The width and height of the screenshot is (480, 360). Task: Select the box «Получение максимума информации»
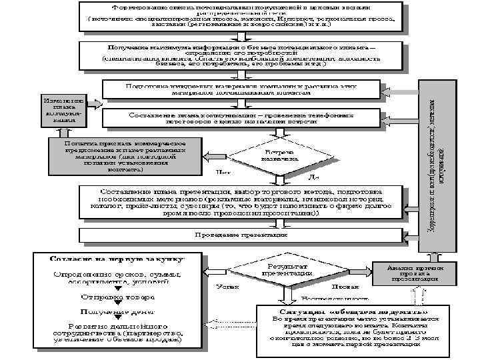pos(240,56)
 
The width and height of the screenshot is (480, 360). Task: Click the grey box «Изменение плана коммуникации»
pos(63,107)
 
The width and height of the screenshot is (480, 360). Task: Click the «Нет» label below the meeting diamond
pos(224,175)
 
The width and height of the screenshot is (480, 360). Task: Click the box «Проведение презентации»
pos(241,235)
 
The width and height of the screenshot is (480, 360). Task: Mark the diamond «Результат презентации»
pos(287,270)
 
